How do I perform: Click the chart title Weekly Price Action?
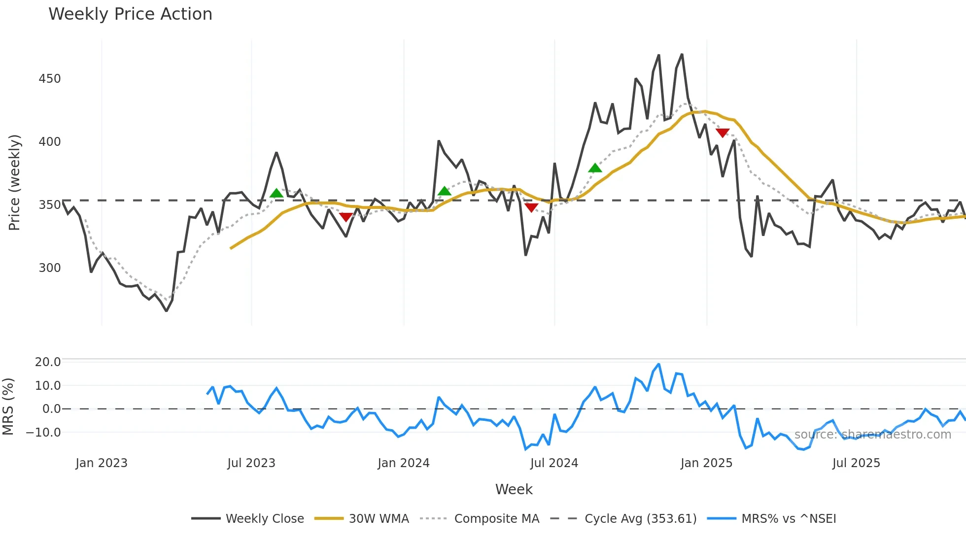click(130, 14)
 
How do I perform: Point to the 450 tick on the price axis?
click(50, 79)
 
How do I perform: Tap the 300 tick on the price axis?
click(50, 268)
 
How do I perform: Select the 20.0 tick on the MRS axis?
click(48, 362)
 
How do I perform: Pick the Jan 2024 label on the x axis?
click(404, 463)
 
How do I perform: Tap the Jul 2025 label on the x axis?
click(856, 463)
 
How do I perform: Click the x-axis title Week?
click(514, 489)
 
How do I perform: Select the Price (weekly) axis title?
click(15, 182)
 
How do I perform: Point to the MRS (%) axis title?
click(8, 407)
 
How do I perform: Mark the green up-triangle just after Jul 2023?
click(276, 193)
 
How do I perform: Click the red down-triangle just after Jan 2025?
click(723, 133)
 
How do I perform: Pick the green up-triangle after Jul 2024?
click(595, 168)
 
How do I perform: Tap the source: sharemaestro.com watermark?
click(872, 435)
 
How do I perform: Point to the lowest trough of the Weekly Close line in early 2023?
click(167, 310)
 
